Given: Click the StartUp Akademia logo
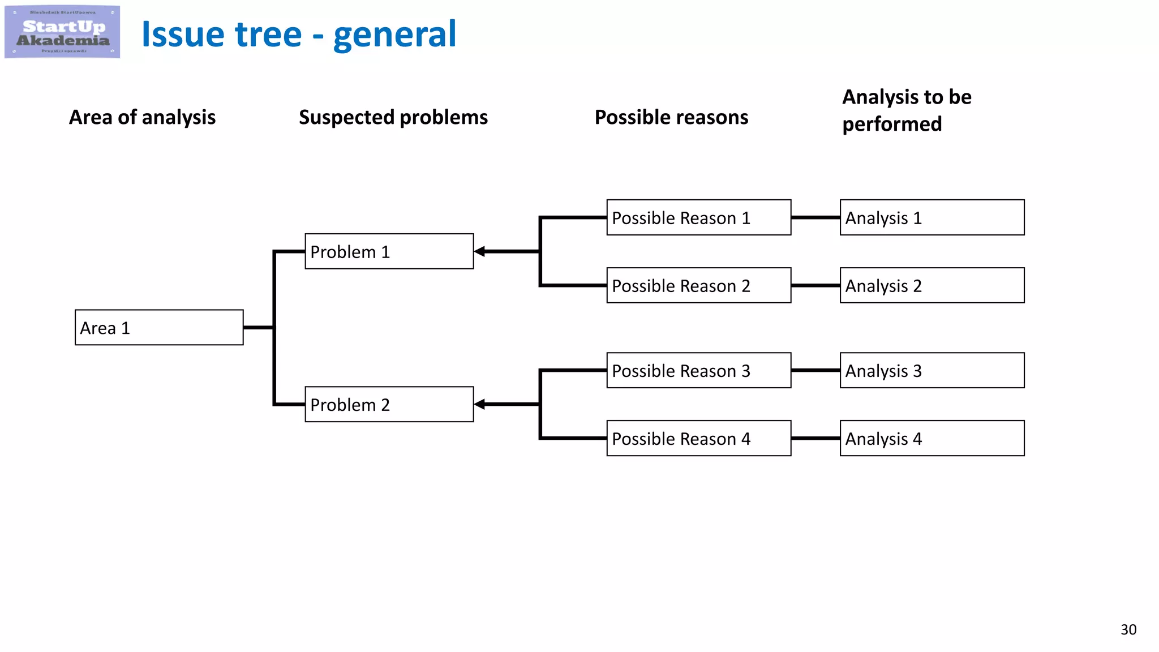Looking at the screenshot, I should pyautogui.click(x=62, y=32).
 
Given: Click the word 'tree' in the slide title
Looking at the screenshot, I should pyautogui.click(x=268, y=35).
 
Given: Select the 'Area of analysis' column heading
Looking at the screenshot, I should pyautogui.click(x=142, y=117).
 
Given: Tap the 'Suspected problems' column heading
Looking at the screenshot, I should pyautogui.click(x=393, y=117).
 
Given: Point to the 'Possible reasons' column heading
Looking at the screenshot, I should pyautogui.click(x=671, y=117).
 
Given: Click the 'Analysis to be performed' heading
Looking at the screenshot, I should pyautogui.click(x=906, y=110).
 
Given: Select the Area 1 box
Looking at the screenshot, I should pyautogui.click(x=159, y=328).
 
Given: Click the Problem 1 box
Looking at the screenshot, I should pyautogui.click(x=389, y=251).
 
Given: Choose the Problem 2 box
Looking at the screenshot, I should pyautogui.click(x=389, y=404).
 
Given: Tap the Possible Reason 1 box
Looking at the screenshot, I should pyautogui.click(x=698, y=217).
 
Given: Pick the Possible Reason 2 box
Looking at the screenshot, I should pyautogui.click(x=698, y=285).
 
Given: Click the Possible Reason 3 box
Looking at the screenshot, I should pyautogui.click(x=698, y=370).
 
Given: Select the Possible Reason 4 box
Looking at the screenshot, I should pyautogui.click(x=698, y=438).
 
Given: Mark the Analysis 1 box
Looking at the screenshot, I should pyautogui.click(x=932, y=217).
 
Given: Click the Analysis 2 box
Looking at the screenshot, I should pyautogui.click(x=932, y=285).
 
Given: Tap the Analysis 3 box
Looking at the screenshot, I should pyautogui.click(x=932, y=370).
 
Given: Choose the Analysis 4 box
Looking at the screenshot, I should pyautogui.click(x=932, y=438).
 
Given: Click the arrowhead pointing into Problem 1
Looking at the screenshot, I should pyautogui.click(x=480, y=251).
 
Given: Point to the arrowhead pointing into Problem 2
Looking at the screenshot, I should pyautogui.click(x=480, y=404).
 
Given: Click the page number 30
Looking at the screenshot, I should pyautogui.click(x=1128, y=629).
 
